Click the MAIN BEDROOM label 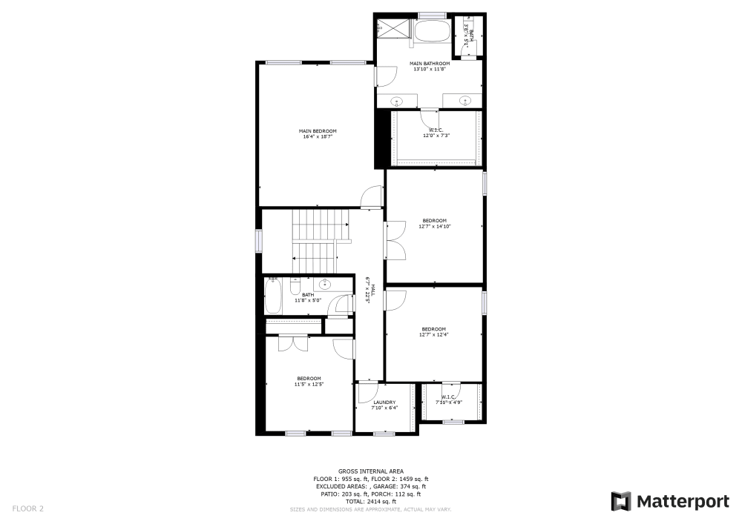[318, 131]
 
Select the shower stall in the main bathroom [393, 29]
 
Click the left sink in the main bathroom [397, 100]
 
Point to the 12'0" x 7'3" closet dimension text [437, 136]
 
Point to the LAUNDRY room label [384, 402]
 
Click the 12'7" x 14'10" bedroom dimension [434, 226]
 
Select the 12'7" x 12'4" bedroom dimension [433, 335]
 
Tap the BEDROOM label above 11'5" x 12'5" [309, 378]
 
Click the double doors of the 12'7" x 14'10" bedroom [395, 241]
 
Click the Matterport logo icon [621, 502]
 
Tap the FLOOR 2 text [27, 508]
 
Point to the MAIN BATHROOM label [430, 64]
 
